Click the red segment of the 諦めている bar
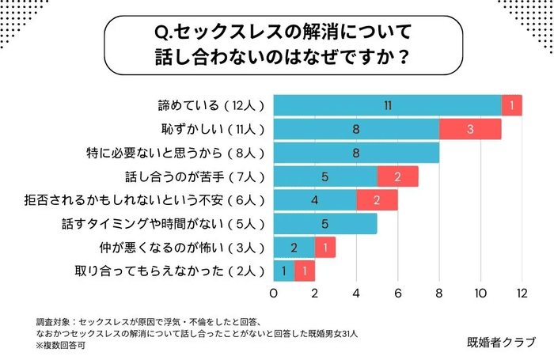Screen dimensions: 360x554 click(x=512, y=105)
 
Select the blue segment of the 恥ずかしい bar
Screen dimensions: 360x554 click(x=356, y=129)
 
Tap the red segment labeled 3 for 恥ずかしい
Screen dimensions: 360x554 click(x=470, y=129)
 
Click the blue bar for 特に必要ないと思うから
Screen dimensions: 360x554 click(x=356, y=153)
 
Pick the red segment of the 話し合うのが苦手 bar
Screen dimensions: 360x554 click(x=397, y=176)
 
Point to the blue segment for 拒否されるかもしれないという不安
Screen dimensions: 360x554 click(x=315, y=200)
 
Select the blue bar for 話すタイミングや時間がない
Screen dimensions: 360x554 click(x=325, y=224)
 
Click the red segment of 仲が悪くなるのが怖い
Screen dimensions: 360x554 click(x=325, y=248)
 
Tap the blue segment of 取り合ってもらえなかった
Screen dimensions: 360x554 click(x=284, y=271)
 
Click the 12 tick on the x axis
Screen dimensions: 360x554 click(x=522, y=294)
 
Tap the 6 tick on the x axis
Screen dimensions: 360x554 click(x=397, y=294)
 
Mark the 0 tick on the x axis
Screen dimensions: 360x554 click(x=274, y=294)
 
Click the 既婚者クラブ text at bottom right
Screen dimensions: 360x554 click(x=501, y=342)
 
